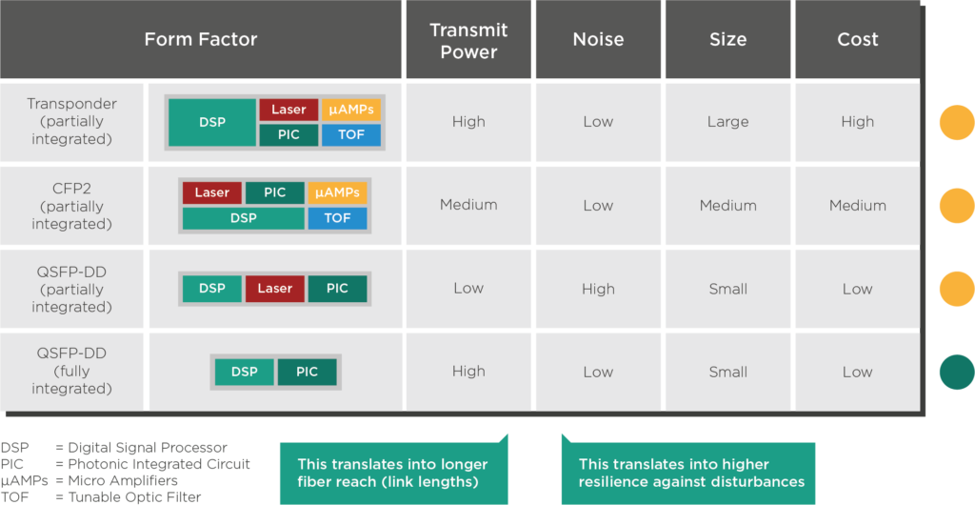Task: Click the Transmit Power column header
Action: click(468, 40)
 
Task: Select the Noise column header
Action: click(598, 39)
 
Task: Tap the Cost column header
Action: click(858, 39)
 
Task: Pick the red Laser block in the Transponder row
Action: click(289, 111)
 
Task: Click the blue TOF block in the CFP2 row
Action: click(337, 218)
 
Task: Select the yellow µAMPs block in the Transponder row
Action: click(351, 111)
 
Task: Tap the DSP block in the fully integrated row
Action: click(245, 372)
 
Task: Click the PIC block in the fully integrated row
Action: click(308, 372)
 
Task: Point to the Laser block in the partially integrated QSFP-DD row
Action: click(275, 289)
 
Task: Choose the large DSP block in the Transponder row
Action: click(212, 123)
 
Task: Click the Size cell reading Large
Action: click(727, 122)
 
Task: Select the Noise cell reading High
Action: click(598, 290)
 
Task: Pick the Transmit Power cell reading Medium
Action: click(468, 205)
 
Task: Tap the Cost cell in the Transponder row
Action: click(858, 122)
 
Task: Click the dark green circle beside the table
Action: click(957, 372)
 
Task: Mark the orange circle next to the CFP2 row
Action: click(957, 205)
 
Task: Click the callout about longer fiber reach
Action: click(394, 473)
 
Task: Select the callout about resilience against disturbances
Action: click(688, 473)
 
